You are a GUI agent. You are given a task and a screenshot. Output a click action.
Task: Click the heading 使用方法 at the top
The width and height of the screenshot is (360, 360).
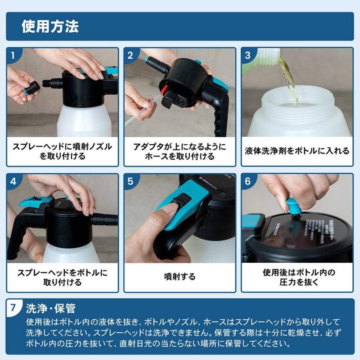click(50, 26)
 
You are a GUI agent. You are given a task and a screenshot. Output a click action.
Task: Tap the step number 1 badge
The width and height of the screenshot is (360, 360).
click(13, 55)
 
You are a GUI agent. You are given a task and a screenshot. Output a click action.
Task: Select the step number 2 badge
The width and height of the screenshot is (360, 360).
click(130, 55)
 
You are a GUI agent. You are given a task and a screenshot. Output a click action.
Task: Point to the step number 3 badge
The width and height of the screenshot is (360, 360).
click(248, 55)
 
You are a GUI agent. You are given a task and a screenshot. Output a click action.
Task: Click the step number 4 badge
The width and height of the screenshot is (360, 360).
click(13, 181)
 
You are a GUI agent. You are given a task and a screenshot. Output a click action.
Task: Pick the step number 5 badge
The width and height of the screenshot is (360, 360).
click(130, 181)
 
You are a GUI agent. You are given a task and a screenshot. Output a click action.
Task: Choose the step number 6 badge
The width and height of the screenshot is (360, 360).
click(248, 181)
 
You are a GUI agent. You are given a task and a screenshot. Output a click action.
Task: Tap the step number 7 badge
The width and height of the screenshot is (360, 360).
click(14, 308)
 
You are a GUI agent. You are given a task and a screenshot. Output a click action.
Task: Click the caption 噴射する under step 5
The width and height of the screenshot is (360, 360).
click(180, 276)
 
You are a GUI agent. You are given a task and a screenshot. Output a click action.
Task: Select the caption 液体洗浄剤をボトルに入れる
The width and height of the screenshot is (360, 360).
click(297, 151)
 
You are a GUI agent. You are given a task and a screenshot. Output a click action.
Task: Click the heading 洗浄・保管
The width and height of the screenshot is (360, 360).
click(51, 308)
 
